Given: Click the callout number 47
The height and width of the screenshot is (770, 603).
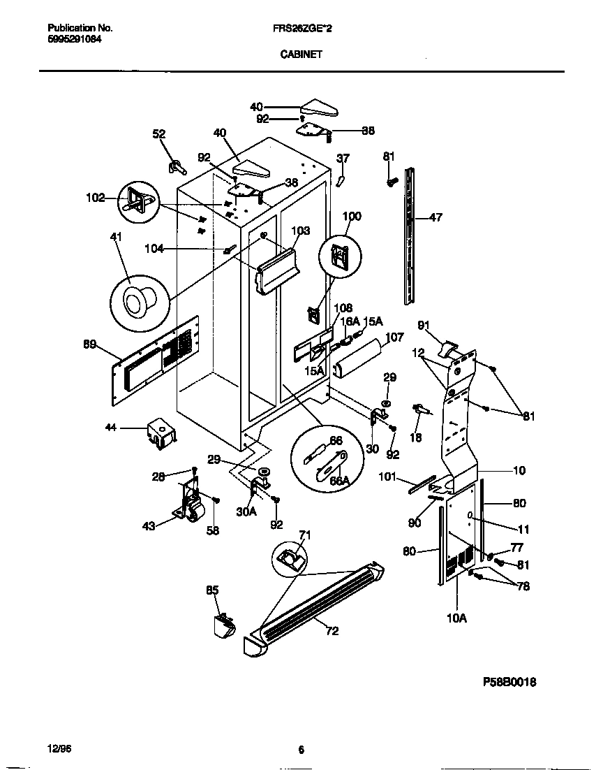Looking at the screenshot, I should click(435, 218).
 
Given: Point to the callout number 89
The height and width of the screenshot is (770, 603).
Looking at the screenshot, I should click(89, 344).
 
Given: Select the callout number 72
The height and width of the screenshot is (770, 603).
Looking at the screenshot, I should click(332, 631).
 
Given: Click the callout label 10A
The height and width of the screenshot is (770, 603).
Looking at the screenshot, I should click(457, 618).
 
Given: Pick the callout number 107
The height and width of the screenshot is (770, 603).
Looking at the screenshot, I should click(394, 337).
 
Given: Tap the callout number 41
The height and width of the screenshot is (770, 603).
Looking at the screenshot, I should click(116, 238).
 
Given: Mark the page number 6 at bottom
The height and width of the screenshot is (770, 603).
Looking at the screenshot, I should click(301, 750).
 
